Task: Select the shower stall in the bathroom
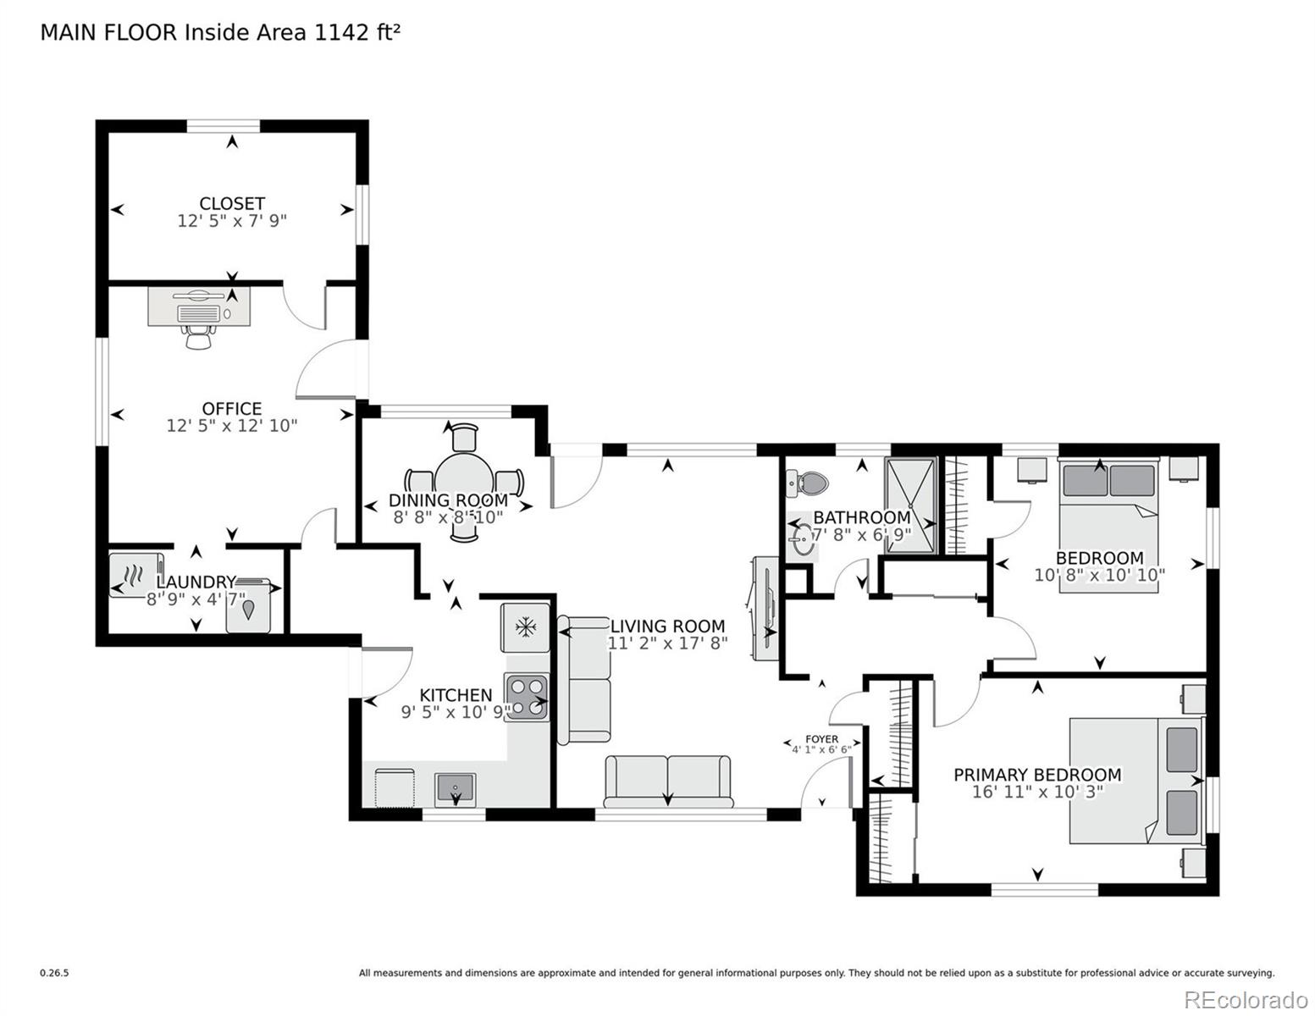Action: click(x=911, y=505)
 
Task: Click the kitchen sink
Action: click(x=456, y=789)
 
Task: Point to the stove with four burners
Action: click(x=527, y=697)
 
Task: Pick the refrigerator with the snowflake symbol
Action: click(x=527, y=627)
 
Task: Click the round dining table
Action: click(x=464, y=483)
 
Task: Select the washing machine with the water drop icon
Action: click(x=249, y=607)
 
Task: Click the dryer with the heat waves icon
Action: click(x=135, y=576)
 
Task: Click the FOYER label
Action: click(x=821, y=739)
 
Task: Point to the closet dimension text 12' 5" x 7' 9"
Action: click(x=232, y=221)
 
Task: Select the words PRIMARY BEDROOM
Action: click(x=1037, y=775)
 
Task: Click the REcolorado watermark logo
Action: click(x=1246, y=999)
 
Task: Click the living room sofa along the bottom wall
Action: click(x=668, y=781)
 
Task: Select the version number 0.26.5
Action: click(x=54, y=974)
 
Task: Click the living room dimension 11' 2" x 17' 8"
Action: click(x=668, y=643)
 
